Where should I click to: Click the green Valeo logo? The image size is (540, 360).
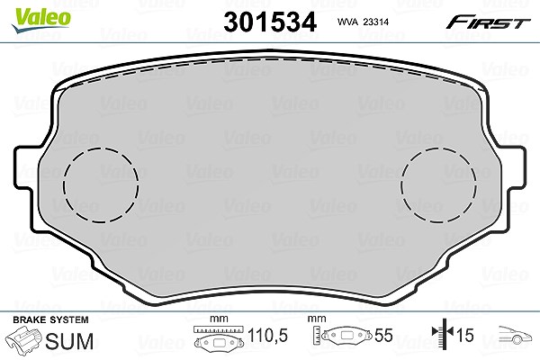(40, 20)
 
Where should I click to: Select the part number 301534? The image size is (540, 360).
(270, 22)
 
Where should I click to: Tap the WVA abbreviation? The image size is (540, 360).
(347, 22)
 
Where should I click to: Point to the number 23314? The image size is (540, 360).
(376, 22)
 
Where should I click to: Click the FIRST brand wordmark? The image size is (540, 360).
(488, 22)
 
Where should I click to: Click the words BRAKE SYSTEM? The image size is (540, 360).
(50, 319)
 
